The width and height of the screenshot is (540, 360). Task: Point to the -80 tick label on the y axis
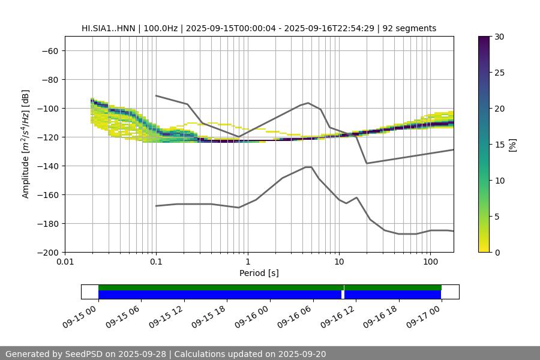pos(49,79)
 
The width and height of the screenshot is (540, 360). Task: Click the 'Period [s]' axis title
pos(259,274)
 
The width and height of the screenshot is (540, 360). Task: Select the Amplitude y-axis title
pos(26,144)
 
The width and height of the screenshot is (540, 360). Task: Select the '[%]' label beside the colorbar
pos(512,144)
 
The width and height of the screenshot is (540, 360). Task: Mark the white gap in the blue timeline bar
pos(343,295)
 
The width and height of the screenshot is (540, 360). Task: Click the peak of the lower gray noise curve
pos(308,167)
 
